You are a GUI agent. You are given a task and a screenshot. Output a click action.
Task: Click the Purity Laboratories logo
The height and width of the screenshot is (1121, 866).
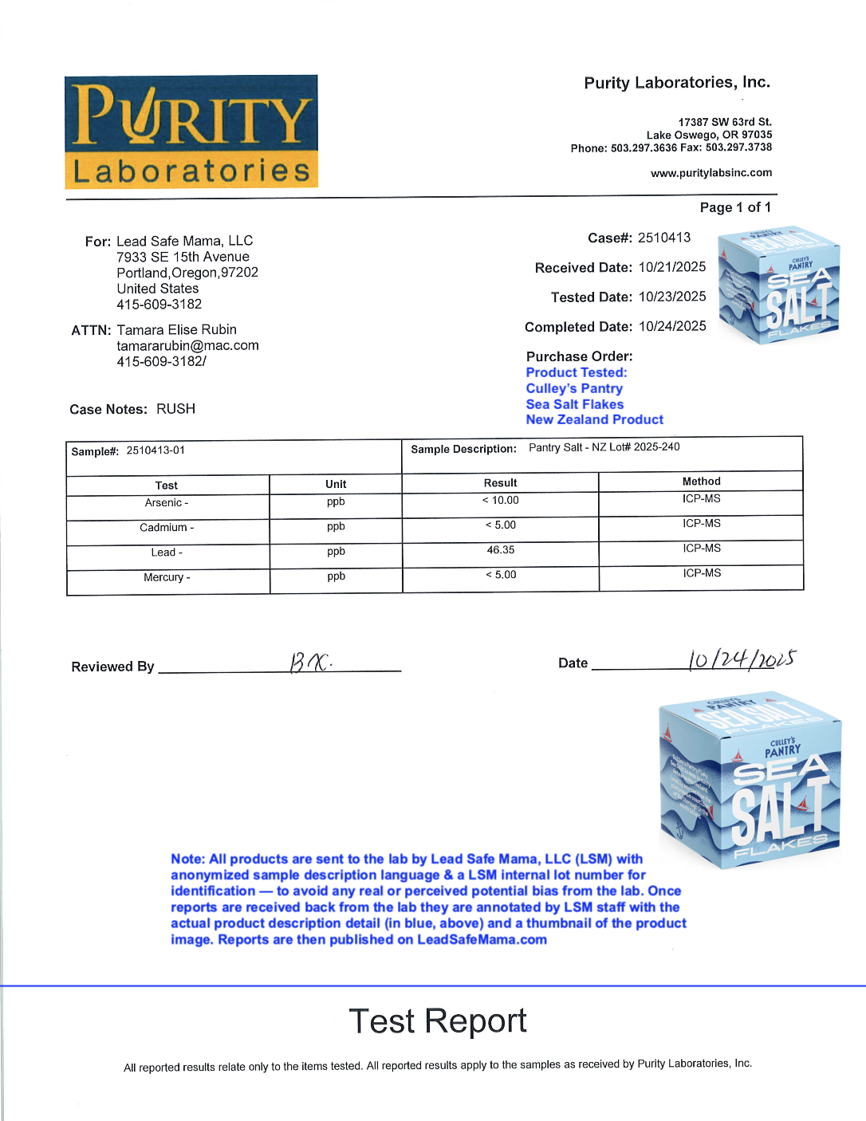point(191,132)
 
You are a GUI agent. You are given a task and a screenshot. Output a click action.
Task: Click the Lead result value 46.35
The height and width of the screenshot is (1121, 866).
point(501,550)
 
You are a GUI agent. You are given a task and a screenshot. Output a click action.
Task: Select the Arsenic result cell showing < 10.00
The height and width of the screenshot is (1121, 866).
point(501,501)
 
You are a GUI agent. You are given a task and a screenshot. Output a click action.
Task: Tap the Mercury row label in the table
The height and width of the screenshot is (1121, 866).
point(167,577)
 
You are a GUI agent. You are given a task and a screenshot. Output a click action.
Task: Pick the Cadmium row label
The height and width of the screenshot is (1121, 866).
point(167,528)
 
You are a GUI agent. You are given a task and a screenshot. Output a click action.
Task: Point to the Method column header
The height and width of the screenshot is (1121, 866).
point(701,482)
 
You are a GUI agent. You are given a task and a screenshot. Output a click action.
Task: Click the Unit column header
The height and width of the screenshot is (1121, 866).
point(336,484)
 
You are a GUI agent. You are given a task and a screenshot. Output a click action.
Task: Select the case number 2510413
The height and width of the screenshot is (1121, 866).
point(664,238)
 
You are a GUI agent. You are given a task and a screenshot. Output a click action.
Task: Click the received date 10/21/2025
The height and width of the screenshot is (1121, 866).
point(672,267)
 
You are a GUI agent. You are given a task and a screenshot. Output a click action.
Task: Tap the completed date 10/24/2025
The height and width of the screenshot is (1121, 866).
point(672,326)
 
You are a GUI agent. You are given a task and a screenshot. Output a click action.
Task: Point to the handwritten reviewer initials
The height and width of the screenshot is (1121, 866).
point(309,662)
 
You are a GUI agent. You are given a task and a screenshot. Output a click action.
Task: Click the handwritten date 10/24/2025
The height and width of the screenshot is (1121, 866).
point(742,659)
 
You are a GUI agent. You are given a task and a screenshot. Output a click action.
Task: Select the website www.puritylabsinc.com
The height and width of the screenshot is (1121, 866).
point(711,173)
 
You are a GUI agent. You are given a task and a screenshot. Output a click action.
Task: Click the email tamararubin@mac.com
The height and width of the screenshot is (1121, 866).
point(187,345)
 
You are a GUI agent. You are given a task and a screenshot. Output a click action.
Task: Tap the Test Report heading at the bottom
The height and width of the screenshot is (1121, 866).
point(438,1021)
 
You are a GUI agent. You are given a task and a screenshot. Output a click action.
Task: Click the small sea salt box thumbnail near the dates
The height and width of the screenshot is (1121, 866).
point(779,285)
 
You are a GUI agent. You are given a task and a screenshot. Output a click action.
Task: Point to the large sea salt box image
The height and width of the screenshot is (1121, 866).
point(750,780)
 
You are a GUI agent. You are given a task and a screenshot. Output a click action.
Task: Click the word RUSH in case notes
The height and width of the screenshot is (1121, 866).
point(175,409)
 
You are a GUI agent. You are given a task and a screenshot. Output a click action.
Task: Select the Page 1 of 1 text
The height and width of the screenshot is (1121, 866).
point(735,207)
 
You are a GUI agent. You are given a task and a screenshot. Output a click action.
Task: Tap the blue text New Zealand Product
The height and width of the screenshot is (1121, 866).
point(594,419)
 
